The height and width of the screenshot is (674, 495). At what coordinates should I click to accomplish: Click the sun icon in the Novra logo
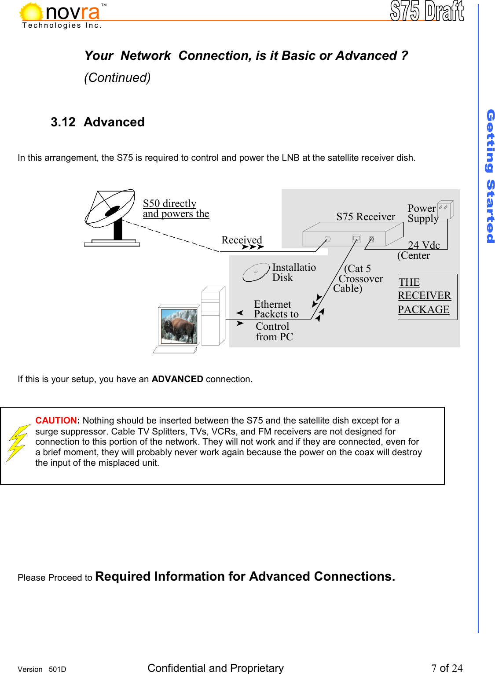[x=31, y=12]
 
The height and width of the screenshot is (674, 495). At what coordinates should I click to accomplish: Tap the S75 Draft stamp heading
[x=426, y=11]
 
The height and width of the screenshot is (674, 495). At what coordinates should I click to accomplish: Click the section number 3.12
[x=63, y=122]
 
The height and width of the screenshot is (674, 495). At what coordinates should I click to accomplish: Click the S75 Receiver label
[x=366, y=217]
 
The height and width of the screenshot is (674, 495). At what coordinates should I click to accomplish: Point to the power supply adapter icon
[x=445, y=210]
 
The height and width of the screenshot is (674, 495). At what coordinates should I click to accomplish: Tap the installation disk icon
[x=256, y=273]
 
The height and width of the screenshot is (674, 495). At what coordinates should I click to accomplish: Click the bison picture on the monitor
[x=179, y=326]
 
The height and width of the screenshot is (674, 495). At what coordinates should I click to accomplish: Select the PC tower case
[x=213, y=316]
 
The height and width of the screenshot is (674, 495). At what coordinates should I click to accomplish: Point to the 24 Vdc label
[x=424, y=245]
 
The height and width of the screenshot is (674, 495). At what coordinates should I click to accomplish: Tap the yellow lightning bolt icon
[x=17, y=443]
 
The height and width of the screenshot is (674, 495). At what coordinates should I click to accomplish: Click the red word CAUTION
[x=56, y=420]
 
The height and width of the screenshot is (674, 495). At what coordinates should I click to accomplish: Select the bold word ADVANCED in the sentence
[x=177, y=379]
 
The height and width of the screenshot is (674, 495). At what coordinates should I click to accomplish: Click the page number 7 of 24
[x=447, y=668]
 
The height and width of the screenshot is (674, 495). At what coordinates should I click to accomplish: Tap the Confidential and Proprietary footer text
[x=216, y=668]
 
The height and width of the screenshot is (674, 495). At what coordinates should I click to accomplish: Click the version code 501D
[x=57, y=669]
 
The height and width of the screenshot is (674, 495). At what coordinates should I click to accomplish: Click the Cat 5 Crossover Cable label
[x=358, y=278]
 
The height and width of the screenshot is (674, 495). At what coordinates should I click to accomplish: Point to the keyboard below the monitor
[x=175, y=350]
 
